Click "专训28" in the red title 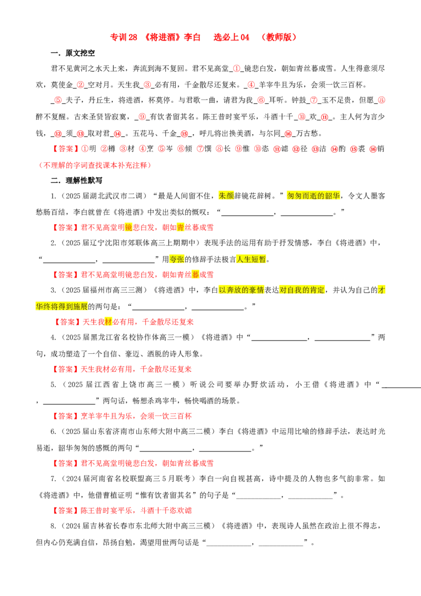click(124, 37)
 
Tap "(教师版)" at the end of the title click(279, 37)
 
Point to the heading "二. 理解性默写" click(77, 180)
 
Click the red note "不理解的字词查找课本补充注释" click(95, 165)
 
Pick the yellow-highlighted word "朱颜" click(226, 196)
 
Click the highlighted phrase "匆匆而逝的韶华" click(314, 196)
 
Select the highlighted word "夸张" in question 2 click(177, 259)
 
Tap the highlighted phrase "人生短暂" click(251, 259)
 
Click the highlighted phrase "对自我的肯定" click(302, 290)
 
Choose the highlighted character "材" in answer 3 click(108, 322)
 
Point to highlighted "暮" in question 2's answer click(195, 274)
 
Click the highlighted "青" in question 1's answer click(181, 227)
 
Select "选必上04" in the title click(232, 37)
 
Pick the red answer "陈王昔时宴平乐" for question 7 click(106, 511)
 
